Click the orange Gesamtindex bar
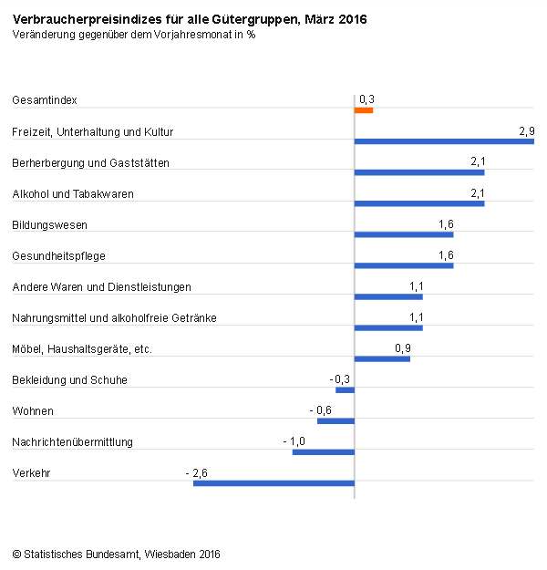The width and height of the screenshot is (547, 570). pos(364,110)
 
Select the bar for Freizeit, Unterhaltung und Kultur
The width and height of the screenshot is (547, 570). pos(444,141)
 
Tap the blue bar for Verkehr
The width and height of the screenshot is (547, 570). pos(273,482)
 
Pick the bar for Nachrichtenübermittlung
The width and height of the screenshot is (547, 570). pos(323,451)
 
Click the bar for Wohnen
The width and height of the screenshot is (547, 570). pos(335,420)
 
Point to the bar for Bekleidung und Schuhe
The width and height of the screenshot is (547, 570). pos(345,389)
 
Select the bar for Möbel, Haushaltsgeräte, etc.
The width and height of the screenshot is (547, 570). pos(382,358)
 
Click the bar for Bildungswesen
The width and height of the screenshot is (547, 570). pos(404,234)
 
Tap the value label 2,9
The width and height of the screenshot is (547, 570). pos(526,131)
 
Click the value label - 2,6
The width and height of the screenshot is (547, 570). pos(196,472)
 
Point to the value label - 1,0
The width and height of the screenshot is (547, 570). pos(294,441)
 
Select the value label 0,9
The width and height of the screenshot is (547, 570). pos(402,348)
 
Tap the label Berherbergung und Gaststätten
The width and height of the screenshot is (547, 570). pos(90,163)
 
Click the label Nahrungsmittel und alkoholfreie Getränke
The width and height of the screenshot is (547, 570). pos(114,317)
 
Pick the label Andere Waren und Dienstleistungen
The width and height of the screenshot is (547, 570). pos(101,287)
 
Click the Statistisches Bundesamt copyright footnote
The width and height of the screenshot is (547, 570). pos(116,554)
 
